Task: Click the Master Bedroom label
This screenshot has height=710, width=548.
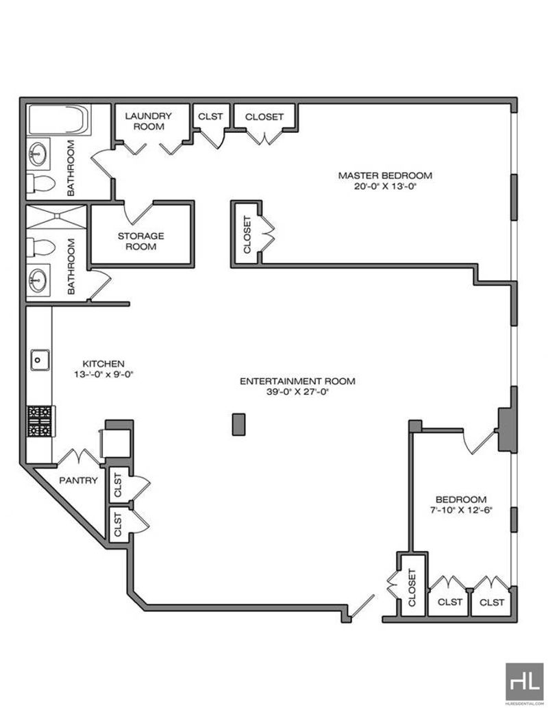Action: click(x=385, y=175)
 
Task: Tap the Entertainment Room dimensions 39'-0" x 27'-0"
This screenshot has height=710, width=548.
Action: click(x=297, y=392)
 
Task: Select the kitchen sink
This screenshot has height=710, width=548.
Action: click(x=40, y=360)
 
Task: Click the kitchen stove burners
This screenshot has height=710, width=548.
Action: click(x=40, y=421)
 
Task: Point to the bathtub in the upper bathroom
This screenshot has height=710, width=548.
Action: click(x=59, y=119)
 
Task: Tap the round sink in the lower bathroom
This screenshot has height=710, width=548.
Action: click(x=38, y=280)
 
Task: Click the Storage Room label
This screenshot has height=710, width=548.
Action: click(x=140, y=241)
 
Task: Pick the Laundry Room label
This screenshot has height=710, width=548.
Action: click(x=149, y=121)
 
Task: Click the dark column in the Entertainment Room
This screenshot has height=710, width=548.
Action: click(x=238, y=424)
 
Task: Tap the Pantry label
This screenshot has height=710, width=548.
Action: click(x=78, y=480)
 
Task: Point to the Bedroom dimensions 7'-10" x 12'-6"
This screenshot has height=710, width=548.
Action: click(x=461, y=510)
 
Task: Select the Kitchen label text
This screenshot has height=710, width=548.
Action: click(x=103, y=364)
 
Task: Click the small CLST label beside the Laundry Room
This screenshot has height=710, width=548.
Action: click(x=210, y=117)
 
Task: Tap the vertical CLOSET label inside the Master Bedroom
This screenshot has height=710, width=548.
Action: click(x=247, y=234)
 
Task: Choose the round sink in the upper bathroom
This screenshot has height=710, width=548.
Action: click(x=38, y=154)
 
